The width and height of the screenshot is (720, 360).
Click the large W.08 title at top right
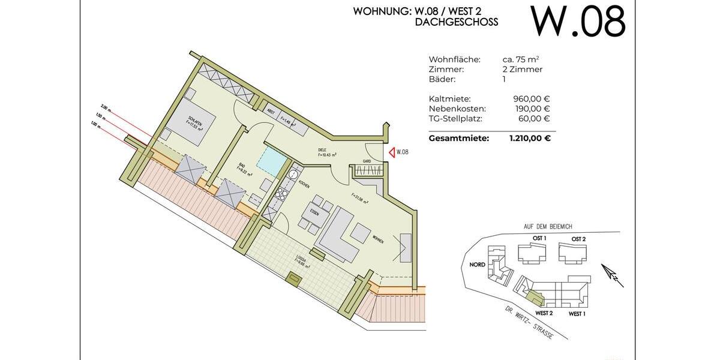pos(578,22)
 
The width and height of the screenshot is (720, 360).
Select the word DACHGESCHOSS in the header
pos(456,22)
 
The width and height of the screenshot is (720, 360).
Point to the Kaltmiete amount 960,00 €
pos(532,99)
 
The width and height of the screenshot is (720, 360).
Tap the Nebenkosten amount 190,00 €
pos(532,109)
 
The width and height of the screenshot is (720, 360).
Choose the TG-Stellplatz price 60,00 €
pos(534,118)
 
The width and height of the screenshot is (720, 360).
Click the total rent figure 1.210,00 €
pos(530,138)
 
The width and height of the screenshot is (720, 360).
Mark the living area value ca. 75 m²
pos(520,59)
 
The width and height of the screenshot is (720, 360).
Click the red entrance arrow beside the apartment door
pos(392,152)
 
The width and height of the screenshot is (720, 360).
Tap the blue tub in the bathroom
pos(271,161)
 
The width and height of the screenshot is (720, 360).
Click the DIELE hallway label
pos(322,150)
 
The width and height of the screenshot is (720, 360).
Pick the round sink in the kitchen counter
pos(293,175)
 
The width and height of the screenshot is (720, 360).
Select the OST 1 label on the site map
pos(539,238)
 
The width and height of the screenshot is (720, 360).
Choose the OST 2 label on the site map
pos(578,239)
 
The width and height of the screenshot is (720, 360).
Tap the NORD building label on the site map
pos(478,265)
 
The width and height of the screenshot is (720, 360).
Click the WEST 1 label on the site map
pos(577,314)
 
